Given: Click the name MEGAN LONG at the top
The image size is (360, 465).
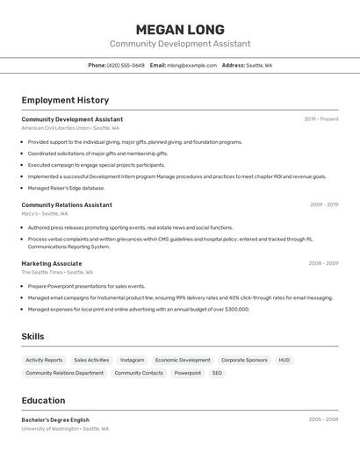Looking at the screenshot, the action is (x=180, y=30).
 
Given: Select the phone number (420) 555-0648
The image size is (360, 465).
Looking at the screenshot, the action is (x=126, y=65).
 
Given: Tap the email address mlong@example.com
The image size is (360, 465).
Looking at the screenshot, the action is (x=191, y=65).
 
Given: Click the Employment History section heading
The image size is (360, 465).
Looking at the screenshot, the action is (x=65, y=100).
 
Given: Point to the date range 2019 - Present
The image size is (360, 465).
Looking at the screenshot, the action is (x=320, y=119).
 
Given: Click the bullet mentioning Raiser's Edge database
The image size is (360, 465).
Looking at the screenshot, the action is (x=66, y=188).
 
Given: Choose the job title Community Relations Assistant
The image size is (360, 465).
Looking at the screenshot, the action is (x=67, y=204).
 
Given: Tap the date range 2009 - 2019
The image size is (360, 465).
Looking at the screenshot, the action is (x=323, y=204).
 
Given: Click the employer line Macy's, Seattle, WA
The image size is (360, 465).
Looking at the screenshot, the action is (x=44, y=213).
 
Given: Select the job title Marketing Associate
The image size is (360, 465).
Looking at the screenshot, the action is (x=52, y=263).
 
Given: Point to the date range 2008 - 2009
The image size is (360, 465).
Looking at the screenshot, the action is (x=323, y=263).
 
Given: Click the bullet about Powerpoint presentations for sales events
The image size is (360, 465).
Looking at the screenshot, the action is (x=86, y=286).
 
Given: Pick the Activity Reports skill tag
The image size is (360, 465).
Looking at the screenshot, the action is (x=44, y=360).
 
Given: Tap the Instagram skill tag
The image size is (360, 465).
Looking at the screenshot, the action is (x=132, y=360).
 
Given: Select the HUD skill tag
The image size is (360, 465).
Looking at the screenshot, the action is (x=284, y=360).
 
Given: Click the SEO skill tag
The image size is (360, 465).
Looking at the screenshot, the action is (x=217, y=373).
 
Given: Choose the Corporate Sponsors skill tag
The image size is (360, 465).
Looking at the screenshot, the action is (x=244, y=360).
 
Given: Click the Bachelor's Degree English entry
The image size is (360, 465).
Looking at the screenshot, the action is (x=55, y=419).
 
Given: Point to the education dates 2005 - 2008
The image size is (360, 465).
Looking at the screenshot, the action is (x=323, y=419).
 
